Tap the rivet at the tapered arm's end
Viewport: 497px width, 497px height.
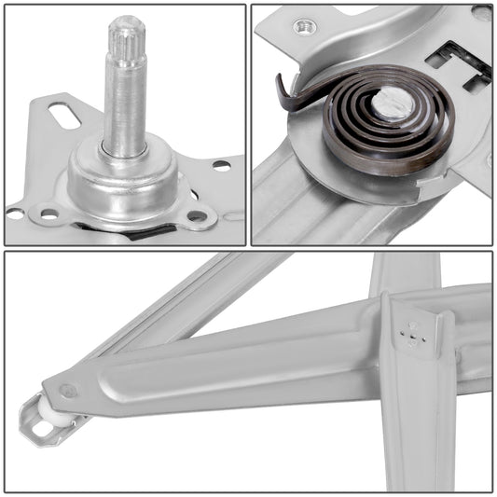(68, 393)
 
